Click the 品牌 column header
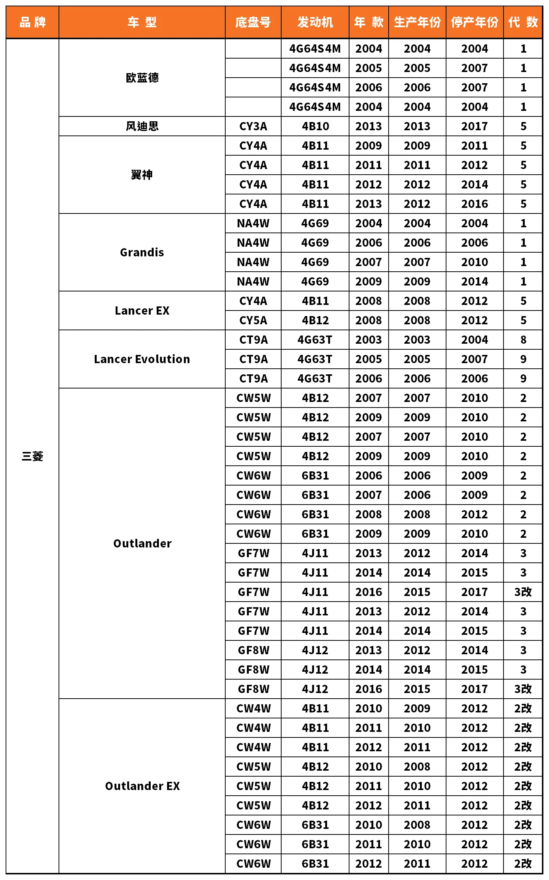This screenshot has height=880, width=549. click(x=32, y=22)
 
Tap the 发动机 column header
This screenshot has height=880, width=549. click(x=315, y=22)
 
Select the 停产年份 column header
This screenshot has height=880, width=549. click(x=474, y=22)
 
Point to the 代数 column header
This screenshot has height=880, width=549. click(x=523, y=22)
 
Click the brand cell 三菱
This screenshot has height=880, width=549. click(x=32, y=456)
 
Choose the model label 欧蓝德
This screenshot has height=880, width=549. click(x=142, y=78)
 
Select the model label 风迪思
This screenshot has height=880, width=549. click(x=142, y=126)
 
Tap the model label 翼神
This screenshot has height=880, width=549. click(x=142, y=175)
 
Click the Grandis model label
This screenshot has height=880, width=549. click(x=142, y=252)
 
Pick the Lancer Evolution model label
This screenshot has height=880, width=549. click(x=142, y=359)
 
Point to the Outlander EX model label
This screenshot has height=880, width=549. click(x=142, y=786)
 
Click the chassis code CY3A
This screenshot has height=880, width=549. click(x=253, y=126)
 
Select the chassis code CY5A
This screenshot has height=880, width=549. click(x=253, y=320)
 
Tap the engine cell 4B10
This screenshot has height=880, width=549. click(x=315, y=126)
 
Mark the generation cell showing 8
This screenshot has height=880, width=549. click(x=523, y=340)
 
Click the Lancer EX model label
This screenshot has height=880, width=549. click(x=142, y=311)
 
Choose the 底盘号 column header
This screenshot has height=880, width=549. click(x=253, y=22)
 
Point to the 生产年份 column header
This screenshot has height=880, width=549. click(x=417, y=22)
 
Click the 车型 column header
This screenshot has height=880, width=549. click(x=142, y=22)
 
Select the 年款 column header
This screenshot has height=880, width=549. click(x=368, y=22)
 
